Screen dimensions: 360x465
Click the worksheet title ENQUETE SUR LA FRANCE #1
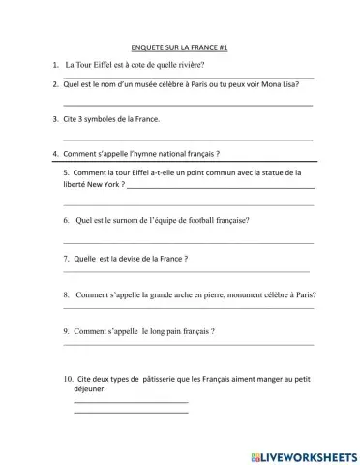179,46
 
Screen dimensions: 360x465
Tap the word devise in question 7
133,259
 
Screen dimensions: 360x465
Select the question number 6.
65,220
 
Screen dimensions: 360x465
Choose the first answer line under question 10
131,401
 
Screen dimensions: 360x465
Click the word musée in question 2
135,83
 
